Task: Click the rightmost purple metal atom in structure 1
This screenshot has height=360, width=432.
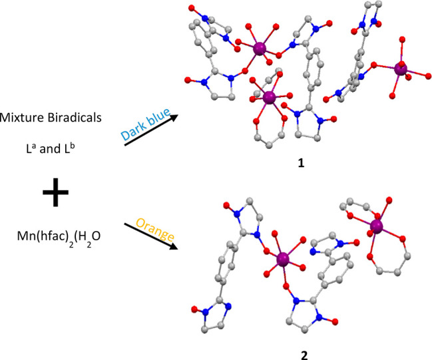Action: (x=401, y=69)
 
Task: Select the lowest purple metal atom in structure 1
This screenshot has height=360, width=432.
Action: (x=269, y=98)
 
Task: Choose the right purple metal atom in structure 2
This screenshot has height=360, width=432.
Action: (x=378, y=228)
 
